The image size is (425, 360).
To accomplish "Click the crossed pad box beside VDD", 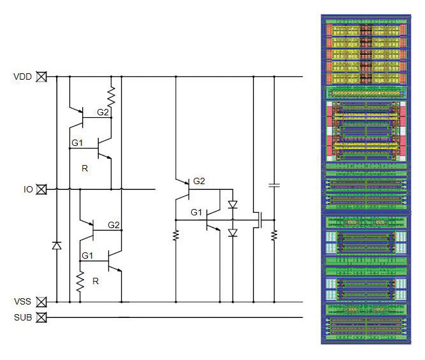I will [41, 76].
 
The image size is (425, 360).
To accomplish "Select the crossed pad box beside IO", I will [41, 189].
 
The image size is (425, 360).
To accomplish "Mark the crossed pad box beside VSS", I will [41, 301].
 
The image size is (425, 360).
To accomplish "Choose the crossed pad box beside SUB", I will [41, 317].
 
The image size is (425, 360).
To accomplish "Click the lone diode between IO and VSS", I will [57, 245].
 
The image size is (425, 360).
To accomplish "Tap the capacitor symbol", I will [274, 185].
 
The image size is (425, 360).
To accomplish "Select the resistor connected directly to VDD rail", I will [112, 97].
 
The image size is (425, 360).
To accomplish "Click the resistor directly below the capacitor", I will [274, 234].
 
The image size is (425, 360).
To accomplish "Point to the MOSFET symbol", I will [257, 220].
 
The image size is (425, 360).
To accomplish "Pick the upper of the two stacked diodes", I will [232, 206].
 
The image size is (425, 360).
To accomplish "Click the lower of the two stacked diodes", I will [232, 233].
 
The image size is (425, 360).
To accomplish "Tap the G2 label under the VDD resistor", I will [103, 113].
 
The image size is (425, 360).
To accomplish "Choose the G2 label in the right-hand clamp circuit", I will [198, 181].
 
